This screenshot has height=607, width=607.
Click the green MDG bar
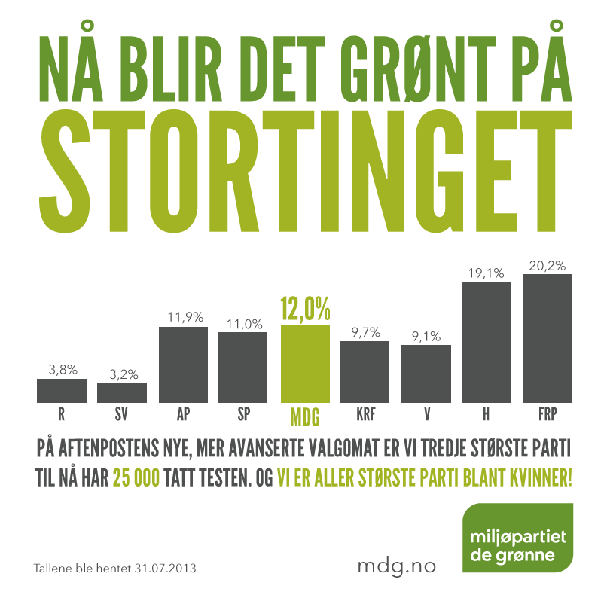pos(305,364)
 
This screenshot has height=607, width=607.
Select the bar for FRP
pos(547,338)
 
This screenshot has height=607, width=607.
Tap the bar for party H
pos(486,342)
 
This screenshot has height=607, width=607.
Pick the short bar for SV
pos(122,392)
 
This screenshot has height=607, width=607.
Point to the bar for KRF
pos(365,371)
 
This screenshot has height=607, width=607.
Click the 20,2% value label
pos(547,265)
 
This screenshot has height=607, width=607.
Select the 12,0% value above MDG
pos(305,309)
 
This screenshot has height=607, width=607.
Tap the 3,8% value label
pos(62,370)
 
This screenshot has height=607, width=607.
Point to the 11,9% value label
pos(183,317)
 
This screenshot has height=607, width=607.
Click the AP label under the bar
pos(183,413)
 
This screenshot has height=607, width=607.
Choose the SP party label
pos(243,413)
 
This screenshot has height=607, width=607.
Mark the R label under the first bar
pos(62,413)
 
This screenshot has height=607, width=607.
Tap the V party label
pos(426,413)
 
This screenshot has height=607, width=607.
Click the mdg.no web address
pos(395,566)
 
